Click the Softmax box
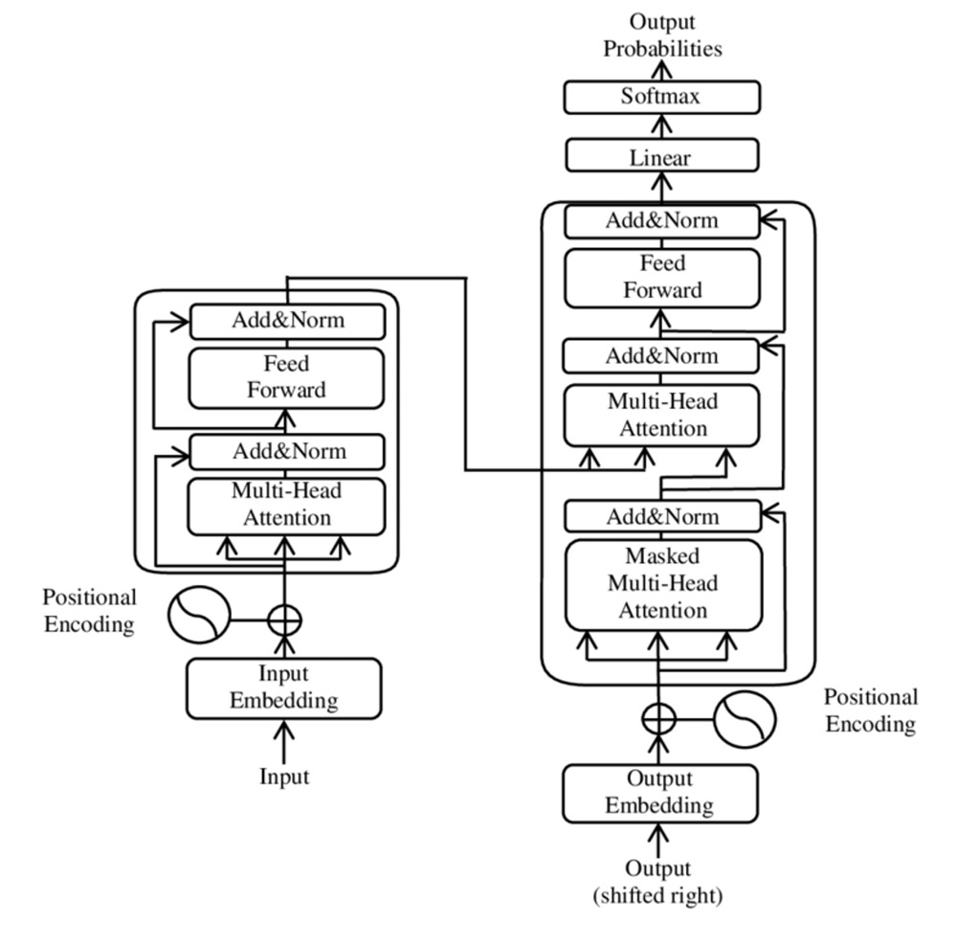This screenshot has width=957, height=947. (661, 97)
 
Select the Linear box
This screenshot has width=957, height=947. (661, 155)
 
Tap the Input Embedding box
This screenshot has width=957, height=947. (284, 687)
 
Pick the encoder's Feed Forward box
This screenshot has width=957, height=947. (286, 377)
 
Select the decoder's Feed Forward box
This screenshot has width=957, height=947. (661, 277)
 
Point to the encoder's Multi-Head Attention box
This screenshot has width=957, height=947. (286, 505)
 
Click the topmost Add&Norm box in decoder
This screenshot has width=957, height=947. (661, 221)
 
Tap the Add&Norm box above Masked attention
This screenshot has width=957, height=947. (661, 517)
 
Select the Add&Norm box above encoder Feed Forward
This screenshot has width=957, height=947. (287, 321)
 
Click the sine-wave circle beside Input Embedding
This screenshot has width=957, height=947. (200, 619)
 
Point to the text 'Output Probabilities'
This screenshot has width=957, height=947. (662, 35)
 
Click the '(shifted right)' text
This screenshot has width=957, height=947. (658, 896)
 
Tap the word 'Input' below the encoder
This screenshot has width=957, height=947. (284, 776)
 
